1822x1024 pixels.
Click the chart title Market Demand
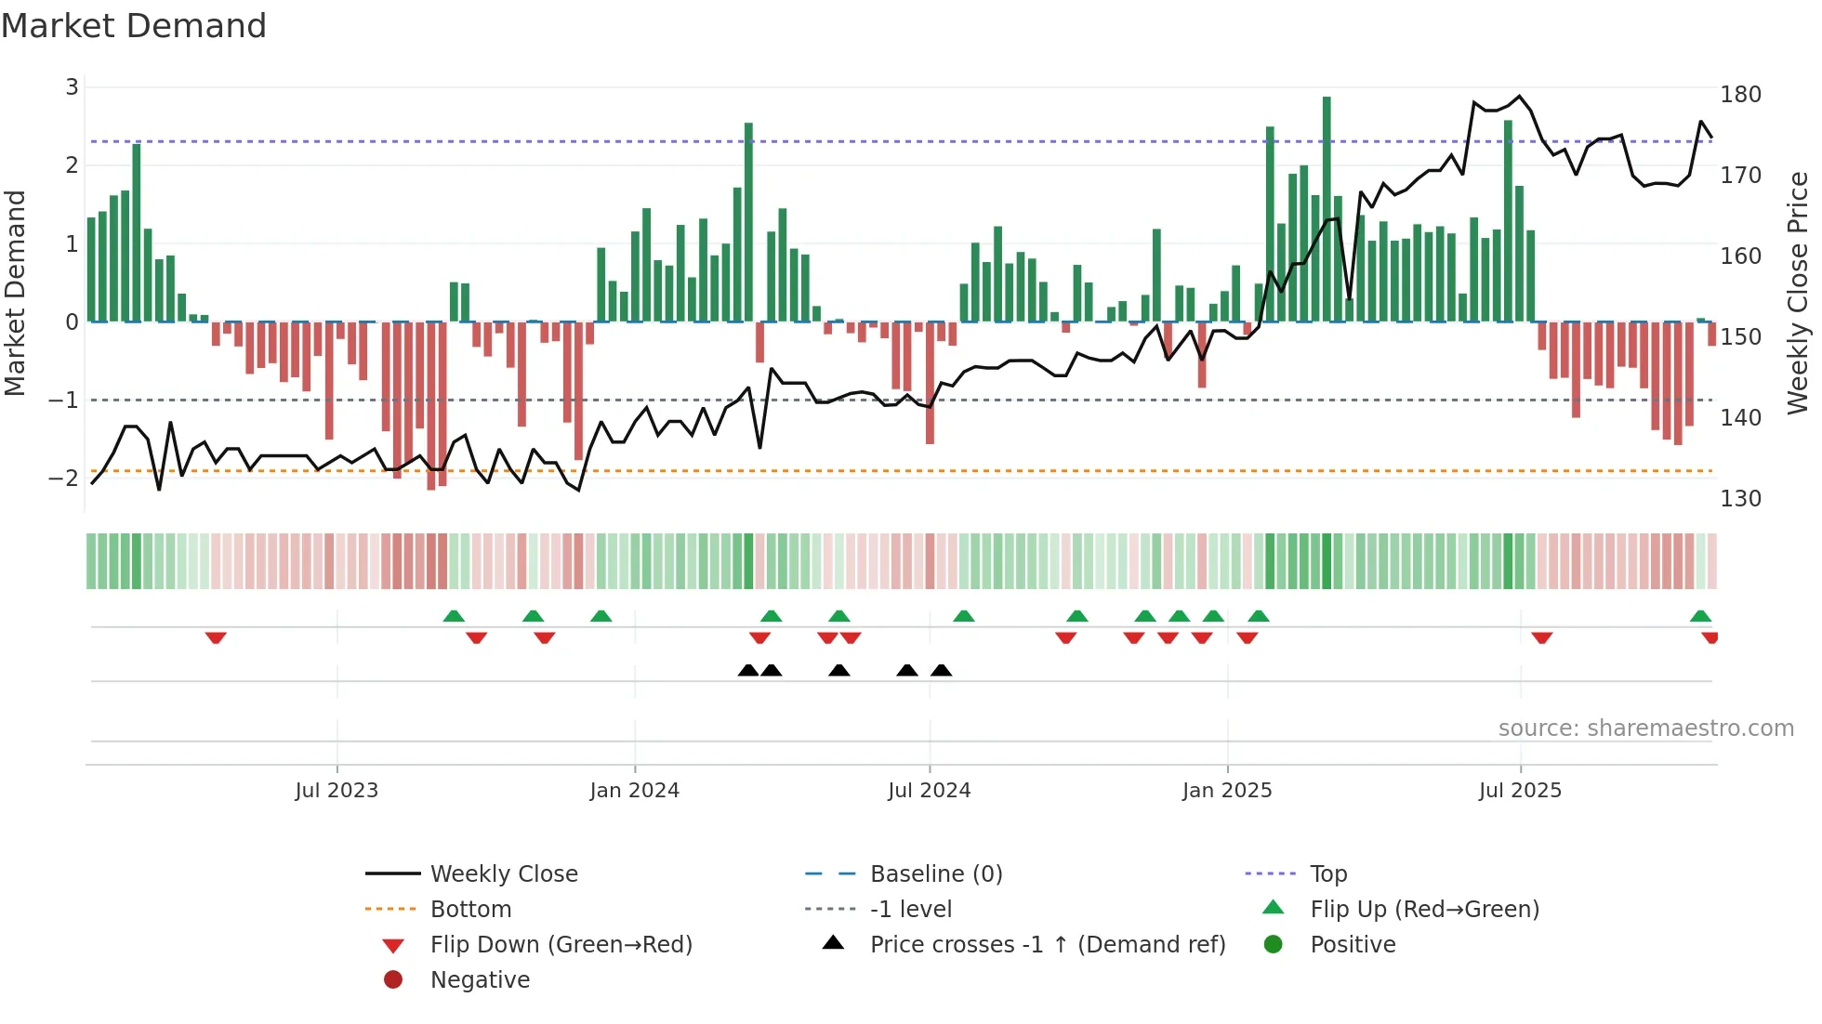[x=134, y=26]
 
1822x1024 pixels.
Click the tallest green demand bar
[x=1327, y=209]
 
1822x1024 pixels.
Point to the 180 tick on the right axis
[x=1740, y=95]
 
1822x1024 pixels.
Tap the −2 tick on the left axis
[x=64, y=479]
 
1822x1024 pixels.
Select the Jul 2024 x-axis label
[x=929, y=791]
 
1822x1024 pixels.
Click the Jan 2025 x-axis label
[x=1227, y=791]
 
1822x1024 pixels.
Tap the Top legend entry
[x=1328, y=874]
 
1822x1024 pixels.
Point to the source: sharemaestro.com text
[x=1645, y=729]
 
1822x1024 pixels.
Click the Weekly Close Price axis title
[x=1798, y=293]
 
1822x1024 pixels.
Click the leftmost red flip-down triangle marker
[x=216, y=637]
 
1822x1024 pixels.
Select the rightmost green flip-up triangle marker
[x=1700, y=616]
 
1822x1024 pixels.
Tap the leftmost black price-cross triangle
[x=748, y=670]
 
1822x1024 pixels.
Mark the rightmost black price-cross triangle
[x=941, y=670]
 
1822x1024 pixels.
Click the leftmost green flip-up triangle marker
[x=454, y=616]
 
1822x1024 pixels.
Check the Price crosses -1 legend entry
[x=1047, y=945]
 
